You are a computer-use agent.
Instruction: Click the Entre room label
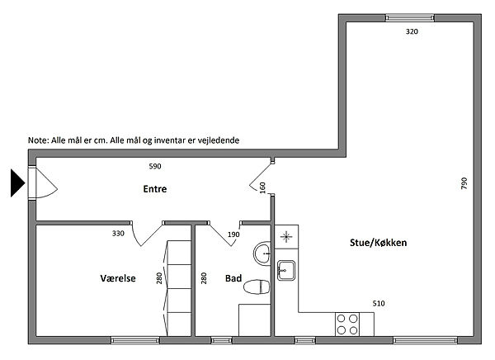(155, 189)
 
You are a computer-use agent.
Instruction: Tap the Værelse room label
(118, 278)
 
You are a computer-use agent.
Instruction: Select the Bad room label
(233, 278)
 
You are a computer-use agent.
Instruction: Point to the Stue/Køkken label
(378, 243)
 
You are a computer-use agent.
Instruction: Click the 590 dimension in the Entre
(155, 166)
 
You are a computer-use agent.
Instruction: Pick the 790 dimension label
(464, 183)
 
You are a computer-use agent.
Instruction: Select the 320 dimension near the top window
(412, 31)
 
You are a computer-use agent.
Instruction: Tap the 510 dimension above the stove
(379, 304)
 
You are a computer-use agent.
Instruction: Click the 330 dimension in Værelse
(118, 234)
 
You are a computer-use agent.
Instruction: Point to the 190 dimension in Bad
(233, 234)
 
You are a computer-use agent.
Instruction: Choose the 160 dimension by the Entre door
(262, 187)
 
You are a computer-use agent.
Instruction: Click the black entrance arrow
(17, 183)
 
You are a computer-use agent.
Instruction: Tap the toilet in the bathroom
(257, 287)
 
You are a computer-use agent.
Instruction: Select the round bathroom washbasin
(262, 253)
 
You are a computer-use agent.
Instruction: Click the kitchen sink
(286, 270)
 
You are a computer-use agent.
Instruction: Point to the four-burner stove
(347, 324)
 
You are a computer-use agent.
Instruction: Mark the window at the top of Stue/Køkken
(410, 17)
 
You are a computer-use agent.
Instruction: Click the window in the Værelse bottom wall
(135, 340)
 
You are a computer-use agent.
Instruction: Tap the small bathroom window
(221, 340)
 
